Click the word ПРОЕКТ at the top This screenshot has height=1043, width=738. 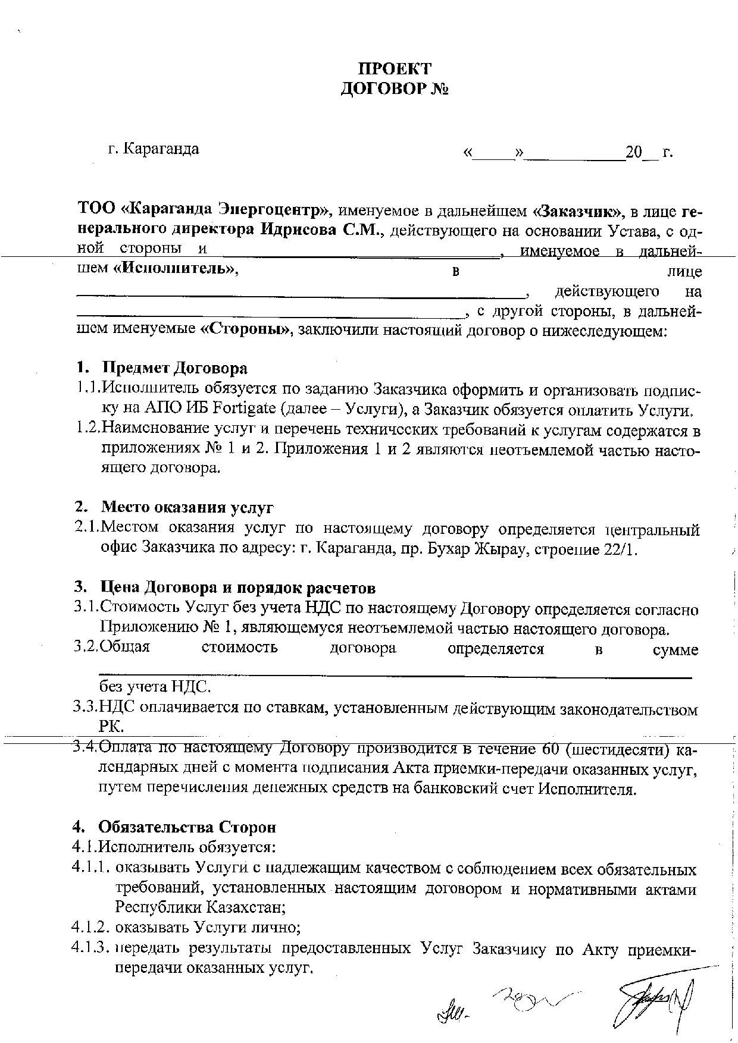(x=395, y=68)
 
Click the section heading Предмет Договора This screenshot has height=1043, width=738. (x=174, y=368)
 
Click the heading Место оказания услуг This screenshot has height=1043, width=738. (x=187, y=507)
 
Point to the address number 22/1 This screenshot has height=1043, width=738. (x=619, y=549)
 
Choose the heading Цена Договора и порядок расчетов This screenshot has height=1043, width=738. (x=238, y=588)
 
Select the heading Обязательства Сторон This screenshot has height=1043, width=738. (x=187, y=827)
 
